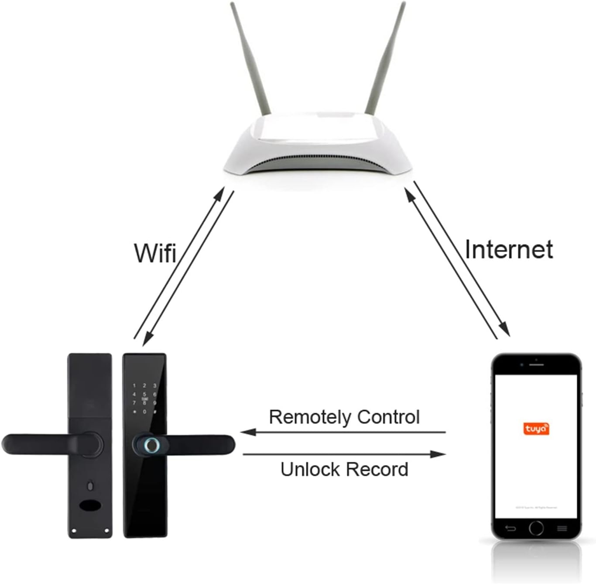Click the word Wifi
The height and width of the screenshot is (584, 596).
coord(155,253)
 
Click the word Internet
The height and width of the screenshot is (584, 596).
coord(509,250)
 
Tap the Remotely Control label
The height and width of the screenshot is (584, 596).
coord(344,417)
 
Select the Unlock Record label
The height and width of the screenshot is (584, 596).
coord(344,470)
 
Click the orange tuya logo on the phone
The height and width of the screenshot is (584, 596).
coord(536,429)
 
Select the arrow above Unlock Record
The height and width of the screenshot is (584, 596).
coord(344,454)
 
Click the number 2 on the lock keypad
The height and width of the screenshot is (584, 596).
coord(144,386)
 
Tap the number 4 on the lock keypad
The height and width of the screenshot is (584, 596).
coord(134,395)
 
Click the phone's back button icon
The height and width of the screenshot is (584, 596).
coord(510,528)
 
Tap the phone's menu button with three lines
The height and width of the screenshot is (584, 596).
coord(562,528)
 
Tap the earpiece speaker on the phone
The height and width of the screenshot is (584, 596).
coord(536,364)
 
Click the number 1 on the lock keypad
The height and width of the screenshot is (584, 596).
coord(134,386)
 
